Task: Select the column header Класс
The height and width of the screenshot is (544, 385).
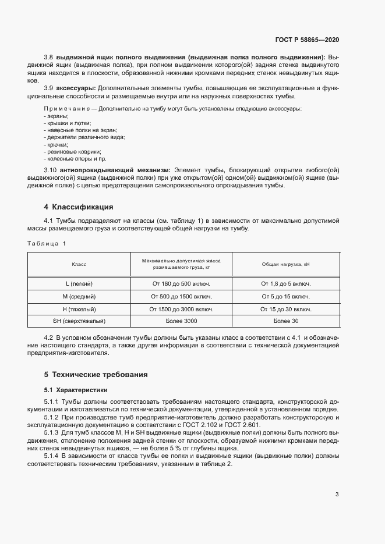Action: point(79,264)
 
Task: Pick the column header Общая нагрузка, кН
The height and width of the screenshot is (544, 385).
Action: point(285,264)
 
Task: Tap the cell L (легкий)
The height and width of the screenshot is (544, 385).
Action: point(79,283)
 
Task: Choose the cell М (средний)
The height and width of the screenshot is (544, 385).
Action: point(79,296)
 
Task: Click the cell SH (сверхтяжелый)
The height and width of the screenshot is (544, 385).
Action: point(79,321)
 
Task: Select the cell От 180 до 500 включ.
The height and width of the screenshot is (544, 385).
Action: point(181,283)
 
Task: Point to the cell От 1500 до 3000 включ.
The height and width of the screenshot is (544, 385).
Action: point(181,309)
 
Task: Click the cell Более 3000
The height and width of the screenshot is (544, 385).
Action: point(181,321)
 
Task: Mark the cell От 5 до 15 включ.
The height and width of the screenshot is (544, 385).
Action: point(285,296)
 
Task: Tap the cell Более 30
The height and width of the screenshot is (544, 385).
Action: point(285,321)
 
